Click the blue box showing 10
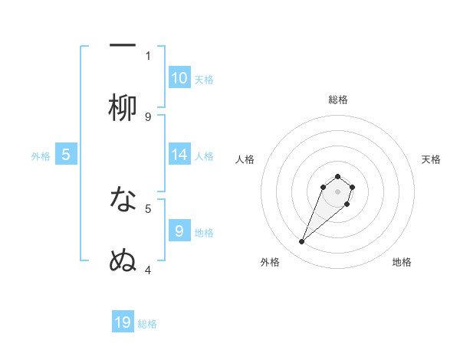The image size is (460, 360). pyautogui.click(x=179, y=77)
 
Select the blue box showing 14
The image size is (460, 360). pyautogui.click(x=179, y=155)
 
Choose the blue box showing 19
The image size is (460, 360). pyautogui.click(x=123, y=322)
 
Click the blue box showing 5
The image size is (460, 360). pyautogui.click(x=66, y=155)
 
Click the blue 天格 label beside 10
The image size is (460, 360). pyautogui.click(x=204, y=79)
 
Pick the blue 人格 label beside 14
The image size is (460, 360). pyautogui.click(x=204, y=155)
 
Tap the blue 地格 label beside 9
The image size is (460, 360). pyautogui.click(x=204, y=231)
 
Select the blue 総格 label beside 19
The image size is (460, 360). pyautogui.click(x=147, y=324)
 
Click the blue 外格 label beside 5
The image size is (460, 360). pyautogui.click(x=41, y=155)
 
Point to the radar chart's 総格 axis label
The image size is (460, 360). pyautogui.click(x=338, y=100)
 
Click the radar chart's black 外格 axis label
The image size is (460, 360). pyautogui.click(x=270, y=262)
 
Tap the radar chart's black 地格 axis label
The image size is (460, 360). pyautogui.click(x=402, y=262)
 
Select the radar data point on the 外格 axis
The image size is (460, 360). pyautogui.click(x=301, y=242)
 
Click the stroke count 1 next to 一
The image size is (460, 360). pyautogui.click(x=148, y=55)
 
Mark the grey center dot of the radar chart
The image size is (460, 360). pyautogui.click(x=338, y=191)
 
